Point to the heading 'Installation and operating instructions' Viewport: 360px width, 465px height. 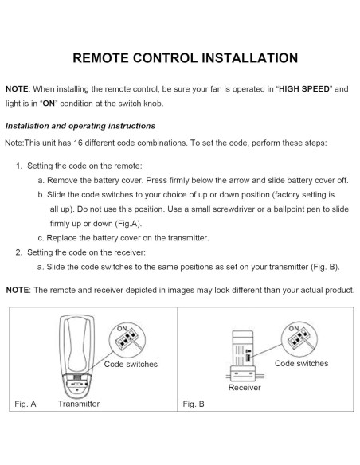coord(80,126)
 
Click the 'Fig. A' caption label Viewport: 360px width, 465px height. coord(25,404)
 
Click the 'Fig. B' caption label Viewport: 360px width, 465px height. coord(194,404)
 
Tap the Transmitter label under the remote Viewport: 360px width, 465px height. coord(79,404)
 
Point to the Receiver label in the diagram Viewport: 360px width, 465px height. coord(245,388)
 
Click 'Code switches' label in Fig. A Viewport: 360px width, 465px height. coord(131,364)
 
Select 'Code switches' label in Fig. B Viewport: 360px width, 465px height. coord(301,363)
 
